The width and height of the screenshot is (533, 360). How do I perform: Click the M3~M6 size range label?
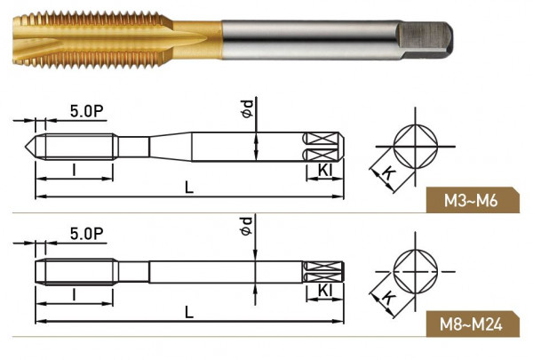[471, 201]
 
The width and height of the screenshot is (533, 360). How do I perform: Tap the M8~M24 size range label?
[471, 324]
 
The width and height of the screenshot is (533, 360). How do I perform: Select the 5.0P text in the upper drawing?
[87, 111]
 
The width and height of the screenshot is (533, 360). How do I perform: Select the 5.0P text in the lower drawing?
[87, 234]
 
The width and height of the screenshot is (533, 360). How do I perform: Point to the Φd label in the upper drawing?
[247, 108]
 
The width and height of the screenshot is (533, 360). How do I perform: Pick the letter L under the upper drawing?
[189, 188]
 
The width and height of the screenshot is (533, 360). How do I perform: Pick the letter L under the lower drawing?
[189, 312]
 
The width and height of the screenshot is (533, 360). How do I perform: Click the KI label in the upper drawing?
[324, 170]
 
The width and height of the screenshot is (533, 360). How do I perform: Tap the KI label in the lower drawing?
[324, 291]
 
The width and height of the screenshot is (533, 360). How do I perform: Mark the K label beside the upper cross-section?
[388, 173]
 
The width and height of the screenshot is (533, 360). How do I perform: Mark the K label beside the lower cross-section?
[388, 298]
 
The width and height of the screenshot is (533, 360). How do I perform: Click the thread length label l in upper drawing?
[74, 170]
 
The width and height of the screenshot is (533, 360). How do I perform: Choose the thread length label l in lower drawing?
[74, 295]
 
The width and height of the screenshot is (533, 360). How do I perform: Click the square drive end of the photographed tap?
[425, 40]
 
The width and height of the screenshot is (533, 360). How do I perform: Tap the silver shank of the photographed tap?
[309, 40]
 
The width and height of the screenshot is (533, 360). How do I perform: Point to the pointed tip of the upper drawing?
[25, 147]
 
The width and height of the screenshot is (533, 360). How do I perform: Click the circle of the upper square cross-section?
[416, 147]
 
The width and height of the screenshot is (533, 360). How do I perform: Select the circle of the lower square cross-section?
[416, 271]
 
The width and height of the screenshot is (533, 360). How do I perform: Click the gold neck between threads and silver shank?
[197, 40]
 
